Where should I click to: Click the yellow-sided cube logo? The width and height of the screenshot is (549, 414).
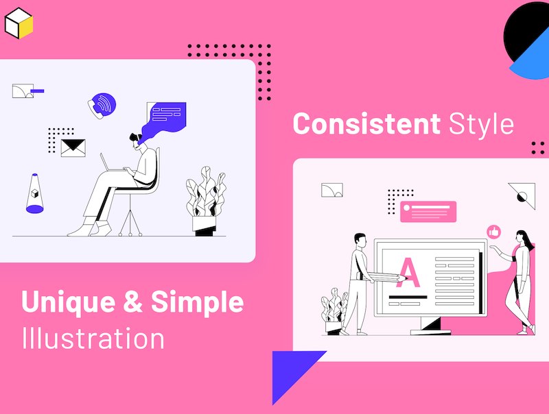[19, 23]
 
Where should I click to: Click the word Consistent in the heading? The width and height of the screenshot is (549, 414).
[366, 123]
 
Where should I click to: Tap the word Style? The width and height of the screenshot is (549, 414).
[482, 124]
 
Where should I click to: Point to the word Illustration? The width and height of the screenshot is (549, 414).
[93, 338]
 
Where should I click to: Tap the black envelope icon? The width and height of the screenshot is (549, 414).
[73, 148]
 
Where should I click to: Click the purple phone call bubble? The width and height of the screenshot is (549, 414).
[102, 106]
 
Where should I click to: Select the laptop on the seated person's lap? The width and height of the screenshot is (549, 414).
[112, 164]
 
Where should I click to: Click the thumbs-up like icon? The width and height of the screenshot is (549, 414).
[494, 232]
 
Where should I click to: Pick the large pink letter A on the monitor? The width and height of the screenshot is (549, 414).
[408, 272]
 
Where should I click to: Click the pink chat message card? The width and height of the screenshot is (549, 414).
[428, 212]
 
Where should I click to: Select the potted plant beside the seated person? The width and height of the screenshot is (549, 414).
[206, 201]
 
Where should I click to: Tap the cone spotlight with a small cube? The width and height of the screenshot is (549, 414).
[35, 193]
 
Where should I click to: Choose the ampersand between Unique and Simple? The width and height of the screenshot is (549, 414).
[133, 301]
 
